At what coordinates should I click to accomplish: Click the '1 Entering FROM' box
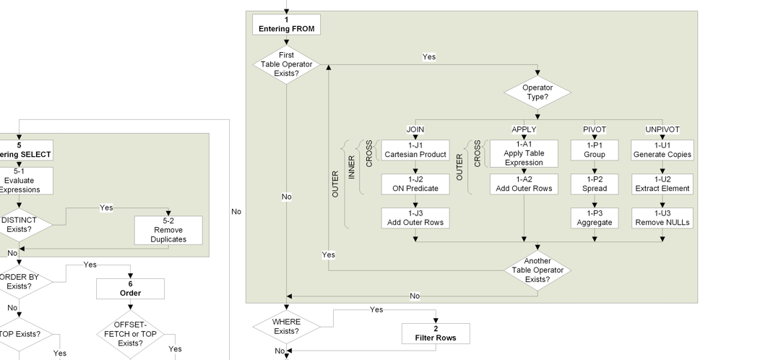[x=286, y=25]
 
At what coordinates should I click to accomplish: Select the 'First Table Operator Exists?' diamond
[x=286, y=64]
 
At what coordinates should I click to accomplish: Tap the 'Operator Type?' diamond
[x=537, y=93]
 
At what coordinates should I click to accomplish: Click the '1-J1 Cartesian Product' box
[x=415, y=150]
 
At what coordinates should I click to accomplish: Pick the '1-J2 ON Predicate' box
[x=415, y=184]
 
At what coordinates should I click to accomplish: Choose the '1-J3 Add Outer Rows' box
[x=415, y=218]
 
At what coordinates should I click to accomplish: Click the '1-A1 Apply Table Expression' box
[x=524, y=153]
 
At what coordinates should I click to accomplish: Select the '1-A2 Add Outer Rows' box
[x=524, y=184]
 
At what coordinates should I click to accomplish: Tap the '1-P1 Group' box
[x=595, y=150]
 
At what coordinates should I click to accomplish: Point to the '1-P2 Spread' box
[x=595, y=184]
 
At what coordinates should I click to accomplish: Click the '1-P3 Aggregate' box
[x=595, y=218]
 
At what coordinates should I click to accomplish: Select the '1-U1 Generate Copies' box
[x=662, y=150]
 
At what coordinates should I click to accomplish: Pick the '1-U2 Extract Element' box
[x=662, y=184]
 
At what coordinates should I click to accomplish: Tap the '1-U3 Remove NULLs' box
[x=662, y=218]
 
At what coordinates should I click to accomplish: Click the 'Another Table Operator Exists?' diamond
[x=537, y=270]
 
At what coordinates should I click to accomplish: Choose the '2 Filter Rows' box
[x=436, y=333]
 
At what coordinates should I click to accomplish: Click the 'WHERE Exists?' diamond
[x=286, y=327]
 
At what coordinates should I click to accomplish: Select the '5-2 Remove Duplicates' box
[x=168, y=230]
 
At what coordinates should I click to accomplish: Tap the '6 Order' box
[x=130, y=288]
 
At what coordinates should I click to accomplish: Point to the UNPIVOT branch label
[x=662, y=129]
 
